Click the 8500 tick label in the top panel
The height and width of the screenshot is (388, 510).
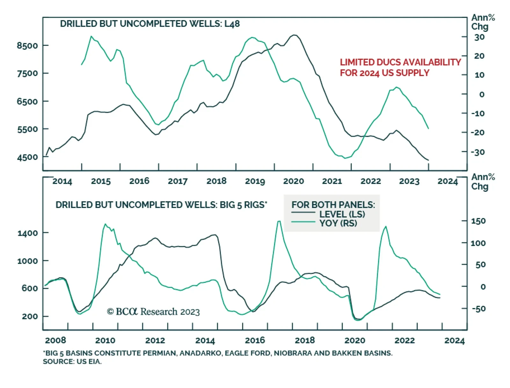pos(27,46)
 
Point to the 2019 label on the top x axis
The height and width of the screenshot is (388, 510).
pos(255,181)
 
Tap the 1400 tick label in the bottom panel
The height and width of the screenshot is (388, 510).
pos(28,233)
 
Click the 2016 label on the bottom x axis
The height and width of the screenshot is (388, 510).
pos(255,340)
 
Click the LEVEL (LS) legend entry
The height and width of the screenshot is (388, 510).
pos(342,214)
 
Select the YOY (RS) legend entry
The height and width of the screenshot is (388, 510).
pos(338,223)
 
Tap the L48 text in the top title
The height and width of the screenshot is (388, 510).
pos(232,24)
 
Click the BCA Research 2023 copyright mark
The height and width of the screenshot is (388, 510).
pos(153,312)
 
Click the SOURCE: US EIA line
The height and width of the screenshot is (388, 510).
pos(72,362)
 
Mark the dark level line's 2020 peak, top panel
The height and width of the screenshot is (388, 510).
pos(295,35)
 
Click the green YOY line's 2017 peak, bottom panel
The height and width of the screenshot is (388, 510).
pos(279,221)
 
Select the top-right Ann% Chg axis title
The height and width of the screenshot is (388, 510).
pos(483,22)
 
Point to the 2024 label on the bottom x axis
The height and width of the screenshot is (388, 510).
pos(454,340)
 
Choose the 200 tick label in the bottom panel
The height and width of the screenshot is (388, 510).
pos(30,316)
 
